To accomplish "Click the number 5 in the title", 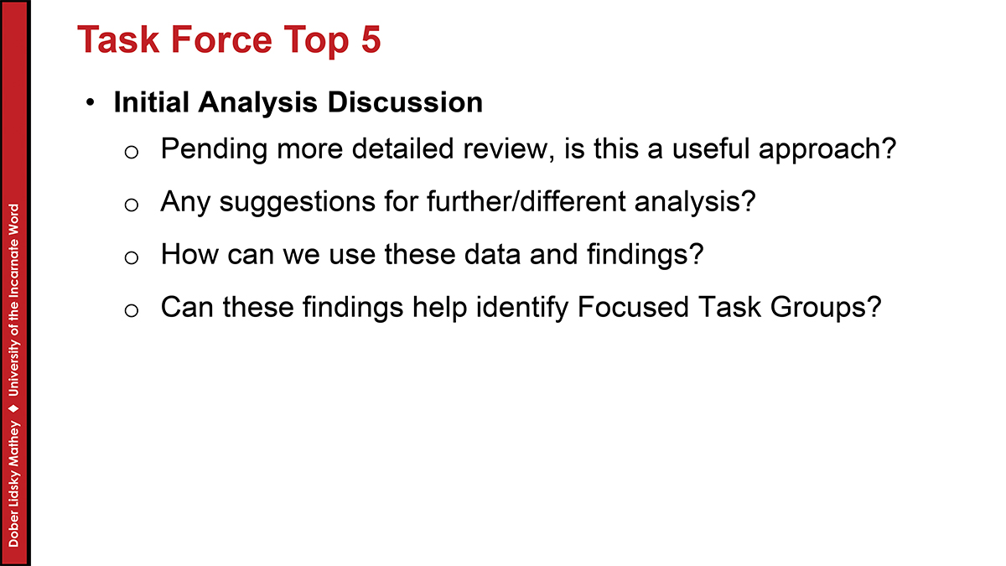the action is click(371, 39).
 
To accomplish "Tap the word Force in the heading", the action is click(221, 39).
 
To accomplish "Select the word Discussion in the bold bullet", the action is click(405, 102).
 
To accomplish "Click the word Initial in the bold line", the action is click(152, 102).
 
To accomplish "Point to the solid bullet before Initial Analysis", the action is click(91, 103).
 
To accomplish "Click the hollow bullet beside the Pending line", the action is click(131, 153).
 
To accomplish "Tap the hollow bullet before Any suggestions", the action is click(131, 205).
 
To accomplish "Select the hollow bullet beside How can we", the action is click(131, 258).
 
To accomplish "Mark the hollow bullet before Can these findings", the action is click(131, 310).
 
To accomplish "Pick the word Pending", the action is click(215, 150).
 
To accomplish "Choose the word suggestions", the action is click(298, 203).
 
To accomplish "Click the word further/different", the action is click(526, 201).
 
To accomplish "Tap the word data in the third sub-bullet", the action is click(492, 254).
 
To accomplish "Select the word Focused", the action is click(633, 307).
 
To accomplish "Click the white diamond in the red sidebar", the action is click(14, 408).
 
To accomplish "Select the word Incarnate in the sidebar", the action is click(14, 268).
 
